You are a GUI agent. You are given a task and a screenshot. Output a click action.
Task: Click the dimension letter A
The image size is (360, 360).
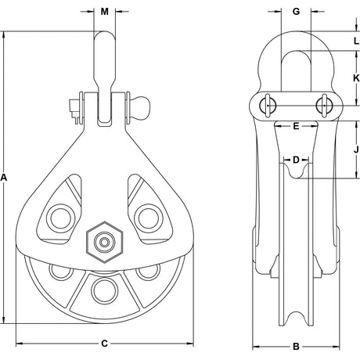3,178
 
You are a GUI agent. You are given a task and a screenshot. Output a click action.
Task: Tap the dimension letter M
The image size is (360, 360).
105,12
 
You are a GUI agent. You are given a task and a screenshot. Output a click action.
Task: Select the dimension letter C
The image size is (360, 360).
104,344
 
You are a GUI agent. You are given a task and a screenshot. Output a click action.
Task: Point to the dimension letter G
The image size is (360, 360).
296,12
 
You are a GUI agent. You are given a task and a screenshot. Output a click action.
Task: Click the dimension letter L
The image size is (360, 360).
357,41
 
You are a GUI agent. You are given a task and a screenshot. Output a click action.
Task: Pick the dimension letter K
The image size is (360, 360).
356,78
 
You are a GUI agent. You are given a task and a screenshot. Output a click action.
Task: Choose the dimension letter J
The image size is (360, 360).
356,149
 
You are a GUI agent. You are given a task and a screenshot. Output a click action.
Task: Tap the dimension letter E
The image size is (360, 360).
296,126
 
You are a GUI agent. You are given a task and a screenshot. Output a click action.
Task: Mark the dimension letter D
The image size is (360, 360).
296,160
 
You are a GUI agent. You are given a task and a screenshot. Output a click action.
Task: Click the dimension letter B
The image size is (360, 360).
296,347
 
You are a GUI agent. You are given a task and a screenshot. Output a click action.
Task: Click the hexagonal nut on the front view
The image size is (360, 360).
104,243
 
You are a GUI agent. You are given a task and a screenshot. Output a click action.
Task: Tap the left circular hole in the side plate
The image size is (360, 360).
60,218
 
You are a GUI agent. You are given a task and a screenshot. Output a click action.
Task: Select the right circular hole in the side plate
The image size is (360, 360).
148,218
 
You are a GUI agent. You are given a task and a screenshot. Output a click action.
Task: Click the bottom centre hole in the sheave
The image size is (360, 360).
104,291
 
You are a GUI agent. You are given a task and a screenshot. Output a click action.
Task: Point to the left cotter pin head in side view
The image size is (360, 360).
268,106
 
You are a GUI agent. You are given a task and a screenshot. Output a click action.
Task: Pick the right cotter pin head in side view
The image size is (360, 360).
324,106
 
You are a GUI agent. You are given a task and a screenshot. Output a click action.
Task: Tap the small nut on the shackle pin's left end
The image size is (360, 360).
74,110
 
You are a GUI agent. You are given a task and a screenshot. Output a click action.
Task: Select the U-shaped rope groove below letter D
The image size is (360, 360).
296,171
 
